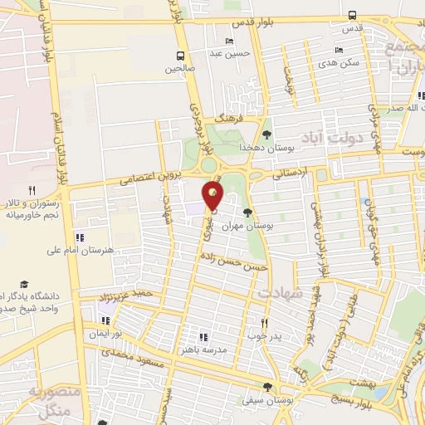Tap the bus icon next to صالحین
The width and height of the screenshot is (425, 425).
180,56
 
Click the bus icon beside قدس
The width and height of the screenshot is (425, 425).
353,15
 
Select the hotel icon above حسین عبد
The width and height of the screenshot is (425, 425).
230,42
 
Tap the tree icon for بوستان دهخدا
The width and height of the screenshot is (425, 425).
266,134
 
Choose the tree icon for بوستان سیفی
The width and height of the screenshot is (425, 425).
267,387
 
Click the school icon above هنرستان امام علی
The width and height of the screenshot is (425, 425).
80,237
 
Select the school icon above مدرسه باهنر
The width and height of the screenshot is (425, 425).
203,337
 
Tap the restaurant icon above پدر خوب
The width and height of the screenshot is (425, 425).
265,323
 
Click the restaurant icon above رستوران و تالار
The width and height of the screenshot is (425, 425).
32,190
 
